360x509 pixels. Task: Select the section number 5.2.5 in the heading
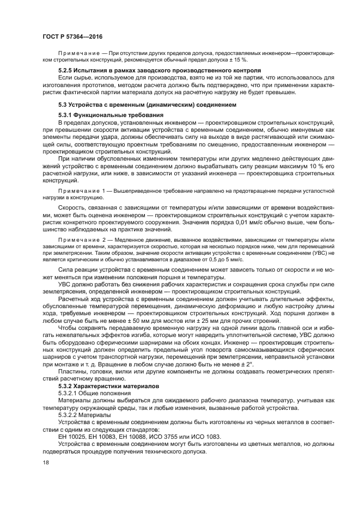pyautogui.click(x=66, y=71)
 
